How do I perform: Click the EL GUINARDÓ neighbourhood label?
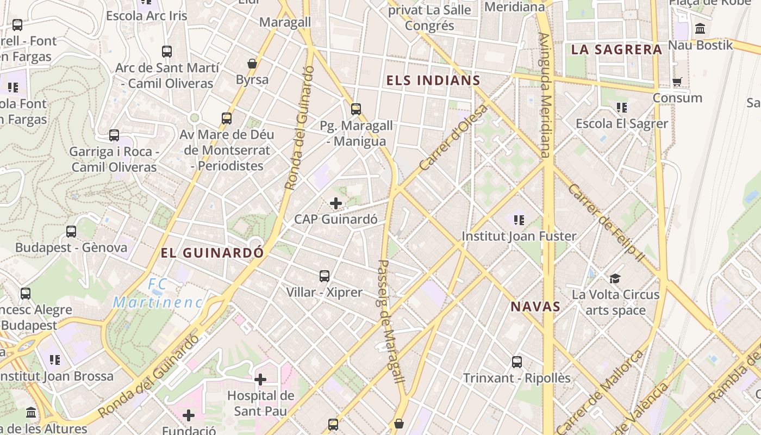point(212,253)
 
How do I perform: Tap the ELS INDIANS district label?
point(433,81)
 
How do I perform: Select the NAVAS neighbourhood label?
point(535,307)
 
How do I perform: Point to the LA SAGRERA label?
point(616,49)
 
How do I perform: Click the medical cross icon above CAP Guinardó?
point(336,204)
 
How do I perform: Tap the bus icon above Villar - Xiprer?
point(325,276)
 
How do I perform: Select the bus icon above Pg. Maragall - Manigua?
point(356,109)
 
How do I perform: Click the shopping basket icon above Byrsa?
point(252,64)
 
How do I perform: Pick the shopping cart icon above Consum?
point(677,82)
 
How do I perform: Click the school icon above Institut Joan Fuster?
point(519,220)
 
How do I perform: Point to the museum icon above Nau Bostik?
point(700,29)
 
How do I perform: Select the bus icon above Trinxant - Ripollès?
point(517,362)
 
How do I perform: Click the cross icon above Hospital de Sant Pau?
point(260,379)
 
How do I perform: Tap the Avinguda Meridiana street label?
point(545,95)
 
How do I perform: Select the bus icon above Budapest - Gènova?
point(71,232)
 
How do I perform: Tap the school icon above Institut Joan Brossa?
point(54,359)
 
